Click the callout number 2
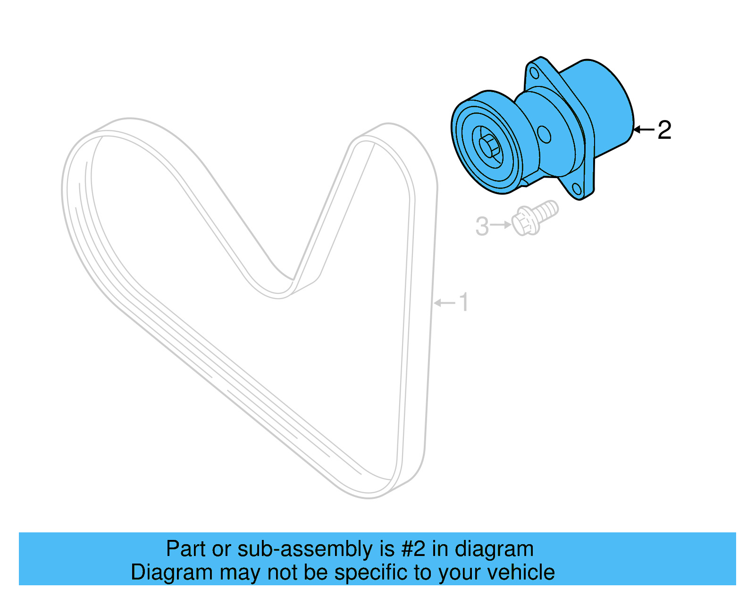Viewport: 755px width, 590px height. [x=664, y=130]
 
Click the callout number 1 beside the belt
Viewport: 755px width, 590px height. [x=464, y=302]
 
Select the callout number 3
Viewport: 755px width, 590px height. [x=482, y=226]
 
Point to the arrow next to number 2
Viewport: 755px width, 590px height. [x=644, y=129]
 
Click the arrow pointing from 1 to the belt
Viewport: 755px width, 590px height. [x=444, y=302]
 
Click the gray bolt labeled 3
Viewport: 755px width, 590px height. [x=533, y=219]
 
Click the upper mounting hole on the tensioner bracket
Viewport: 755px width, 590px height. [x=534, y=73]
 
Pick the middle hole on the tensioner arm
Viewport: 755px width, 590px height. [x=544, y=134]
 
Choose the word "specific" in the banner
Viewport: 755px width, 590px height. [x=372, y=572]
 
